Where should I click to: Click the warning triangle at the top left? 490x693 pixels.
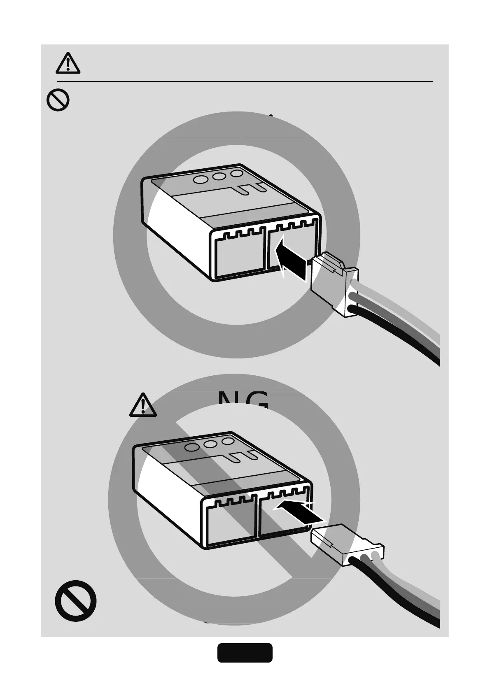(x=68, y=63)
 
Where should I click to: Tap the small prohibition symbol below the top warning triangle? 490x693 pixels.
(x=58, y=100)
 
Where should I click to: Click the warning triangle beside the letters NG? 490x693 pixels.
(x=143, y=405)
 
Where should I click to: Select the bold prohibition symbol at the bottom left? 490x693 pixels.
(x=76, y=600)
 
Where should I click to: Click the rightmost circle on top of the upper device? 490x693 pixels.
(x=237, y=174)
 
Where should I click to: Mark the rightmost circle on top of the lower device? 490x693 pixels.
(x=228, y=441)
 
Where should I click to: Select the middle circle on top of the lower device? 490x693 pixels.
(x=211, y=444)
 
